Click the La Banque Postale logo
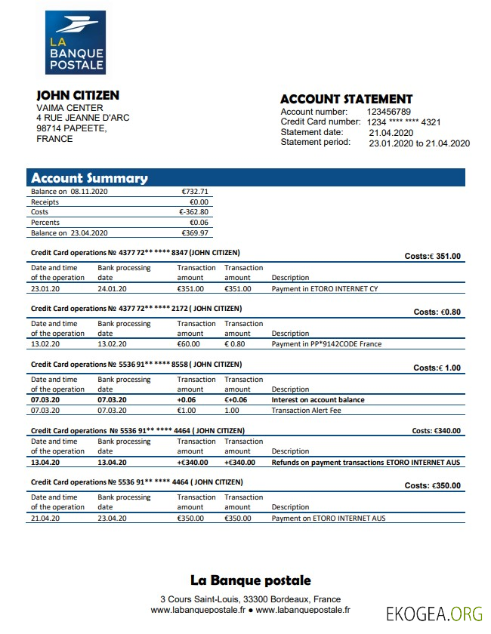pos(75,43)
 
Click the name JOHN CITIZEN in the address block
pos(78,95)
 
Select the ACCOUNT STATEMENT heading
pos(346,99)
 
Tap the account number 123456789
pos(394,112)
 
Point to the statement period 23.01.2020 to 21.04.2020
pos(419,143)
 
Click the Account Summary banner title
pos(89,178)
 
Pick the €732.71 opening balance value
pos(195,192)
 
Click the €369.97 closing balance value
pos(195,233)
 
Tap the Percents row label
pos(45,223)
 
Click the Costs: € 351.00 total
pos(432,256)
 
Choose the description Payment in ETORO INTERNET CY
pos(324,288)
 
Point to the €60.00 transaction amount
pos(189,344)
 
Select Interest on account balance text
pos(317,400)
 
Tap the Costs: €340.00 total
pos(436,431)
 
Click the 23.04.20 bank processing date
pos(113,519)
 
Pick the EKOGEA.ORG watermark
pos(434,612)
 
